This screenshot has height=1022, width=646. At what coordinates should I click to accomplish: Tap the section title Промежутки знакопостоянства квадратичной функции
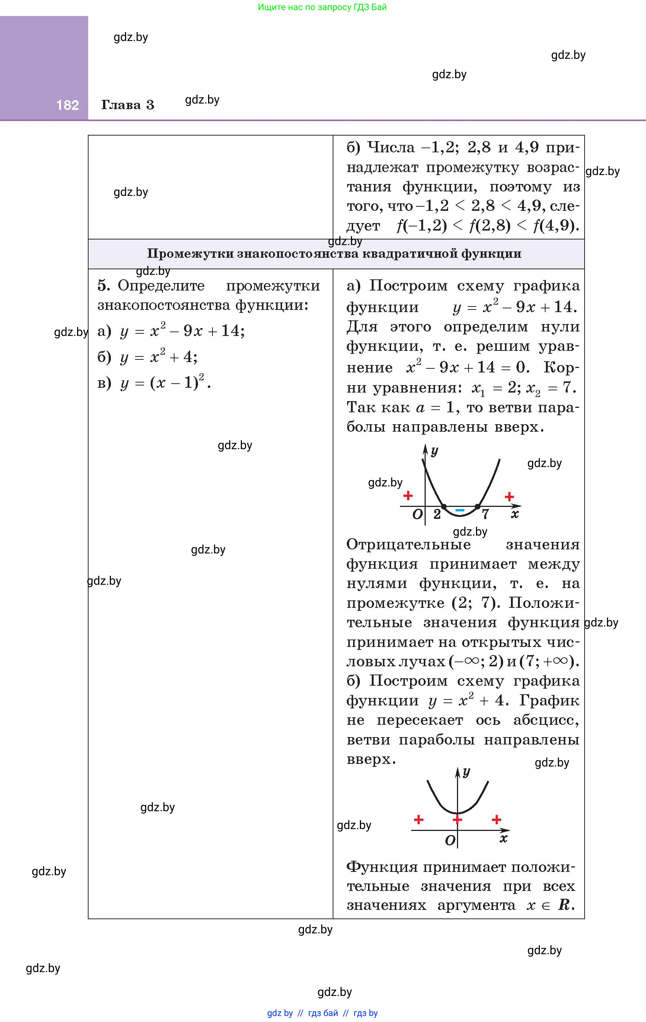click(334, 254)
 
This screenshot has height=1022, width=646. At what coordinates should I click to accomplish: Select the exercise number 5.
click(103, 285)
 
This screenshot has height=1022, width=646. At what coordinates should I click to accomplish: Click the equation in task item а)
click(182, 331)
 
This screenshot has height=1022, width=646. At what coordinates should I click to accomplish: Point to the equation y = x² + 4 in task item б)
click(159, 357)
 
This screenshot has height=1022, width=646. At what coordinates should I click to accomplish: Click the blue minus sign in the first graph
click(460, 510)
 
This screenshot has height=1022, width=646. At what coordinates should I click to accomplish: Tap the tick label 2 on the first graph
click(437, 514)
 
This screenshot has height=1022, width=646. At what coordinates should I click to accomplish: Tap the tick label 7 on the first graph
click(485, 514)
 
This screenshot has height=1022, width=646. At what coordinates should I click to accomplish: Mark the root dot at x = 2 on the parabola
click(444, 506)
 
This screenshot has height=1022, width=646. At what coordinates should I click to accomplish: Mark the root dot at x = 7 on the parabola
click(477, 506)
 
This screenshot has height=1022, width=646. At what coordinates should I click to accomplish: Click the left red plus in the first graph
click(408, 495)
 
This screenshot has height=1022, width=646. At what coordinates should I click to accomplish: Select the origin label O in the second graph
click(450, 840)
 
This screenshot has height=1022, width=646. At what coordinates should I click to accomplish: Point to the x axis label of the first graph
click(515, 514)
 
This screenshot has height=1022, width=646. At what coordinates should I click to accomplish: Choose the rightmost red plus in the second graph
click(496, 819)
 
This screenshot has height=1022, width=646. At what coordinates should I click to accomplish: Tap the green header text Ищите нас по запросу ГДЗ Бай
click(322, 7)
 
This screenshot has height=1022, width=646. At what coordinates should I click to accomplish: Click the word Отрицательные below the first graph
click(409, 545)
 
